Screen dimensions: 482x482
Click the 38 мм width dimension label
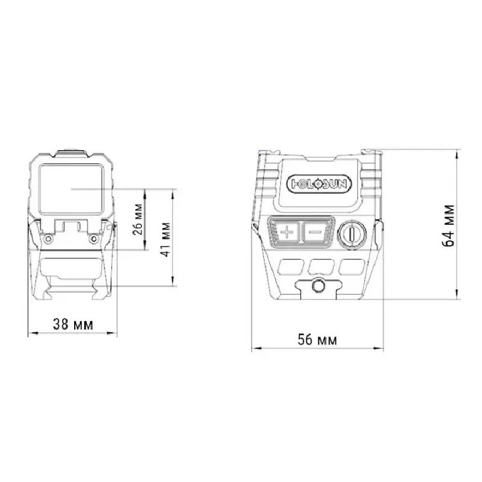pos(73,324)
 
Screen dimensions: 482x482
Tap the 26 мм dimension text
pos(138,219)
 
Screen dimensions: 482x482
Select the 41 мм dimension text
pos(165,240)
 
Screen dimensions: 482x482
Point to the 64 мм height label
pos(448,226)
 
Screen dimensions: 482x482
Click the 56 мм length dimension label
pos(318,340)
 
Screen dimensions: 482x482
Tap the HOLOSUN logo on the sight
pos(319,184)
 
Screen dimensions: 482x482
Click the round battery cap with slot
pos(352,233)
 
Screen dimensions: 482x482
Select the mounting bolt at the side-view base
pos(318,286)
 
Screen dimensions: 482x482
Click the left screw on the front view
pos(47,238)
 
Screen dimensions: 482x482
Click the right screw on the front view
pos(93,238)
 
